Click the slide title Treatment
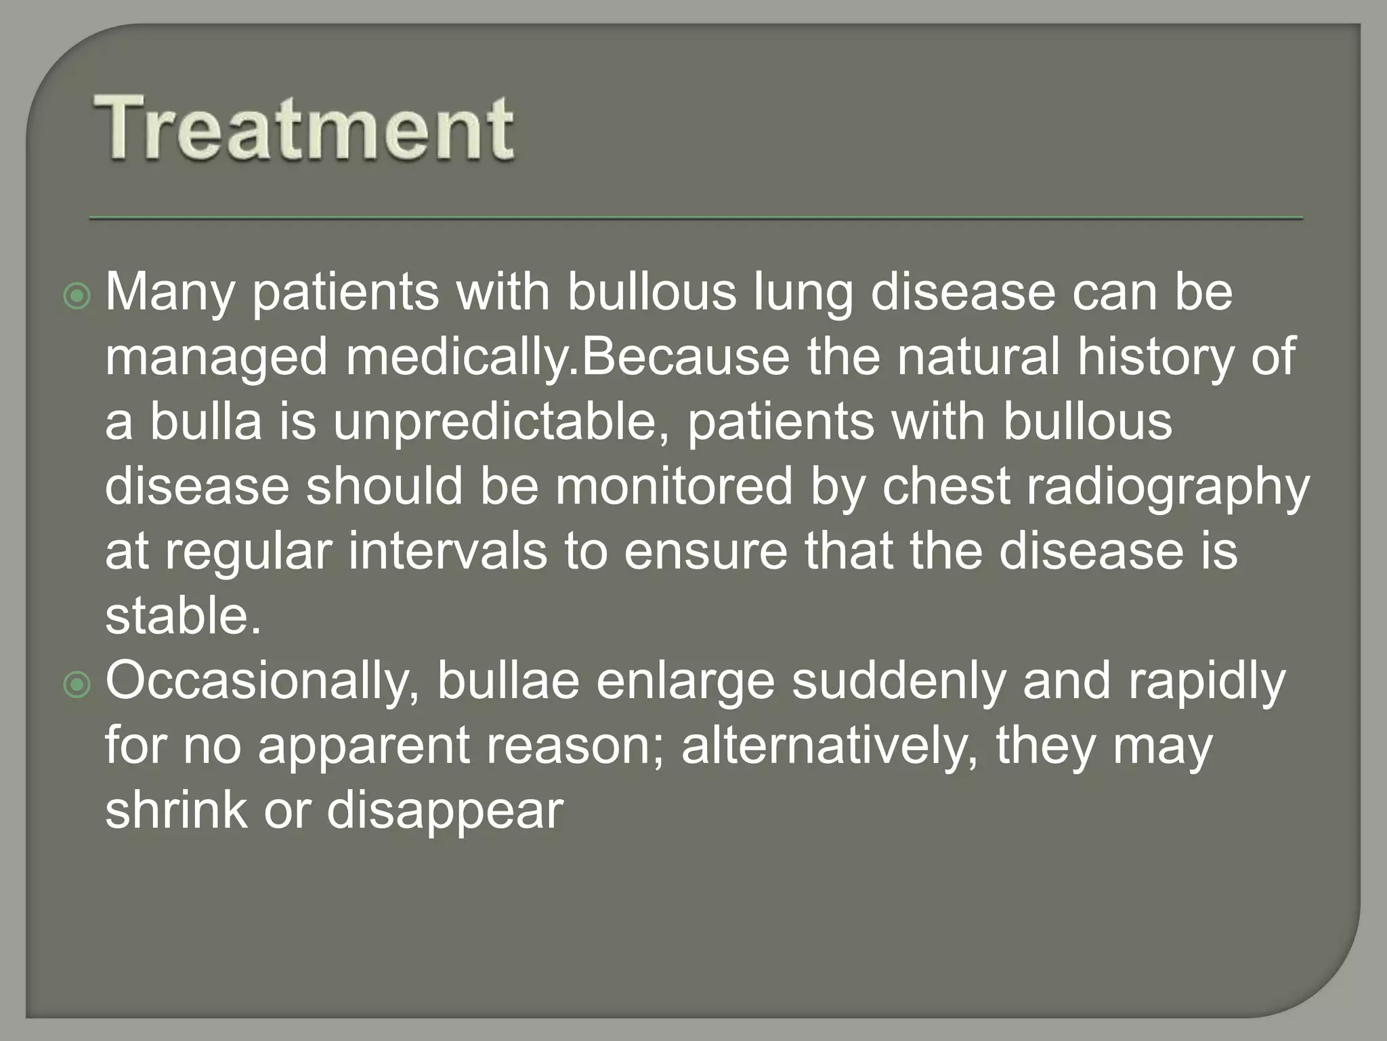(303, 128)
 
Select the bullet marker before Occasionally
(77, 685)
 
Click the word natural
(978, 356)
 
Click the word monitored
(674, 486)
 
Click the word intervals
(448, 550)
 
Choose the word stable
(183, 615)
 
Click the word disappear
(445, 811)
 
